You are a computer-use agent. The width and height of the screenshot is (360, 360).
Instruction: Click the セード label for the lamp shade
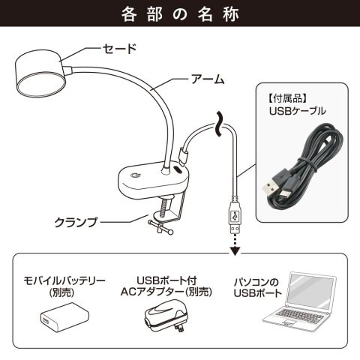pos(120,49)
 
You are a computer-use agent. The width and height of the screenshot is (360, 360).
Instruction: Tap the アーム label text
pos(208,79)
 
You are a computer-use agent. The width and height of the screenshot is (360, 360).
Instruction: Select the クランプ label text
pos(76,222)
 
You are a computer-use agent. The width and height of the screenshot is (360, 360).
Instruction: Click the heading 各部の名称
pos(180,14)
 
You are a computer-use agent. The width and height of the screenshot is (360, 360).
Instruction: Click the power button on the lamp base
pos(135,175)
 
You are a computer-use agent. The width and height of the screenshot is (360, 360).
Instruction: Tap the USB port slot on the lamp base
pos(178,169)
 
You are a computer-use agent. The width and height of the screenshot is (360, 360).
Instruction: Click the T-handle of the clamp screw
pos(160,226)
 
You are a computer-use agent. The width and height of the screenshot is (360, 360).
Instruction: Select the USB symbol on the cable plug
pos(235,216)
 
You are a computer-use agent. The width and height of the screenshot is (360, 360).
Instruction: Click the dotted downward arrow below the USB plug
pos(235,245)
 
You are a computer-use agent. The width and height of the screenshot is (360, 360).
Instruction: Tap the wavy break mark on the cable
pos(219,124)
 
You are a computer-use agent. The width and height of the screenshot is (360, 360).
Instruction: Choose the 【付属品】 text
pos(288,99)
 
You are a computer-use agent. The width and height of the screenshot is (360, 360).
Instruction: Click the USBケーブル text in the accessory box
pos(298,111)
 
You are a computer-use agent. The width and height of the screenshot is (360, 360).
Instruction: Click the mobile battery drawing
pos(64,316)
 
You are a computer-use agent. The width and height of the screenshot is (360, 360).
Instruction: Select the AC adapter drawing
pos(166,316)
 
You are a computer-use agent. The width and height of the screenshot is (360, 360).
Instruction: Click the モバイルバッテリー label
pos(64,280)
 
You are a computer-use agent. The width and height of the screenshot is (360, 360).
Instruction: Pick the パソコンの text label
pos(256,283)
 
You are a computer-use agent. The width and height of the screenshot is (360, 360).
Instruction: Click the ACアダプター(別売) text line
pos(166,292)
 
